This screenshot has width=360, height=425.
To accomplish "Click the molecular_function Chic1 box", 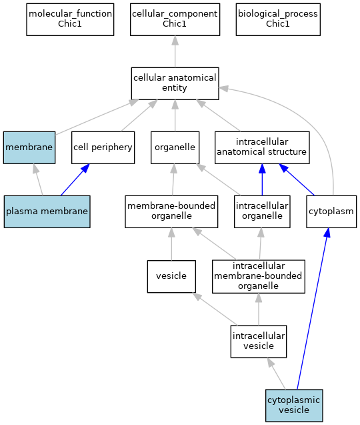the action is (x=70, y=19).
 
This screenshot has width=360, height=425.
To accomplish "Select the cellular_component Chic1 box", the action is (x=175, y=19).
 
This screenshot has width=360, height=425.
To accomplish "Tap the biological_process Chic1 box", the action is (x=278, y=19).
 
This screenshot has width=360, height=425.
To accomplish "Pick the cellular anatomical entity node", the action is (x=175, y=83).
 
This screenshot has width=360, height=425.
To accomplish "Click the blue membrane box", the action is (x=29, y=147).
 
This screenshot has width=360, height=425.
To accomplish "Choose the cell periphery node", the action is (x=103, y=147).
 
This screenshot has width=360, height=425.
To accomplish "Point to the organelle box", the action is (x=175, y=147).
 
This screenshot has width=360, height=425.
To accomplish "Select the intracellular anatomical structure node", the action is (x=262, y=147).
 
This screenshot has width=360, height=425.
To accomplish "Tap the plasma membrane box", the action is (x=47, y=211).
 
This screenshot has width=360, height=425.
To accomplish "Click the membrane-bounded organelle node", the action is (x=171, y=211).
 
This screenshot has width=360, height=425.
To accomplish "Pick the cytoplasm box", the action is (x=331, y=211).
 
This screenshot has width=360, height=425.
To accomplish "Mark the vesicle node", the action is (x=171, y=276).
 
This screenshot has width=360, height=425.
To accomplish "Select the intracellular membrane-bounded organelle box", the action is (x=259, y=276).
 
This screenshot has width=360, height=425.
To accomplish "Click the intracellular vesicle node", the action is (x=259, y=342).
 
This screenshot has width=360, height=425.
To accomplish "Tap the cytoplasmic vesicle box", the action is (x=294, y=406).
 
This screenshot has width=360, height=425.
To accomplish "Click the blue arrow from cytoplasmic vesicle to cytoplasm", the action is (x=313, y=309).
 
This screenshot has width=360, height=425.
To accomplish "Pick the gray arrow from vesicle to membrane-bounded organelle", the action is (x=171, y=244).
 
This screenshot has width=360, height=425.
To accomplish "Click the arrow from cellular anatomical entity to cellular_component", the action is (x=175, y=51).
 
